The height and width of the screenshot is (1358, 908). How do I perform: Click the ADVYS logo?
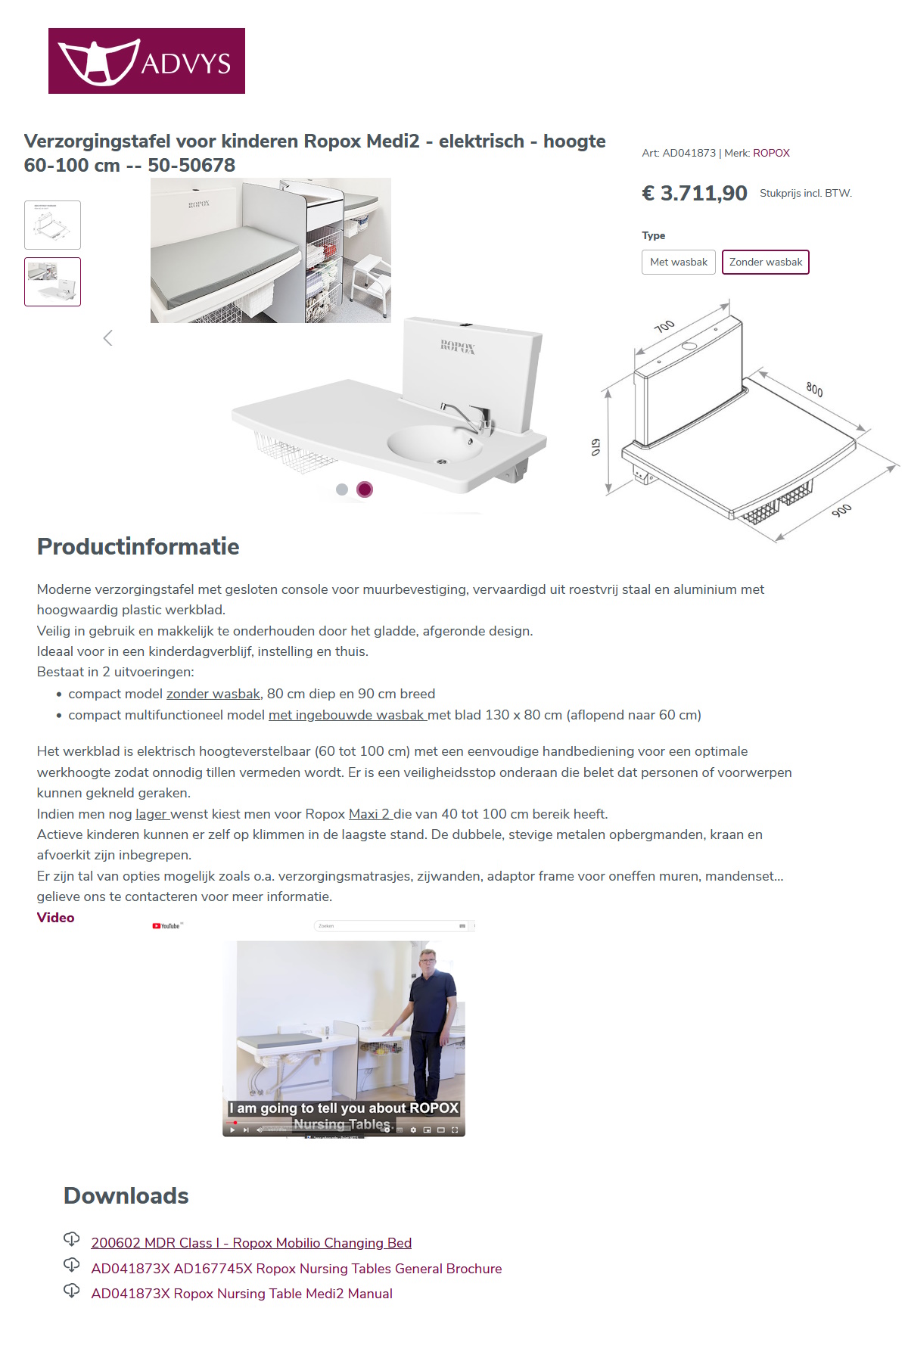pyautogui.click(x=146, y=61)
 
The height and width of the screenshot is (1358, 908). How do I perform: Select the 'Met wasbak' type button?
pyautogui.click(x=678, y=262)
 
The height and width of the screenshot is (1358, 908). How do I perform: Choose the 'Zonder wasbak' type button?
pyautogui.click(x=765, y=262)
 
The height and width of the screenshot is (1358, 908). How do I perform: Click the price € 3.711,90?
pyautogui.click(x=694, y=193)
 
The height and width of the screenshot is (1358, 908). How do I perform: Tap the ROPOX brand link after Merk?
pyautogui.click(x=771, y=153)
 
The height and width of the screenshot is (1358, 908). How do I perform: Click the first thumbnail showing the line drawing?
pyautogui.click(x=52, y=225)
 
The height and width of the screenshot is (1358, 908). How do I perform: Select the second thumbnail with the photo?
pyautogui.click(x=52, y=281)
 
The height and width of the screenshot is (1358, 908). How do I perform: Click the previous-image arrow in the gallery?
pyautogui.click(x=107, y=338)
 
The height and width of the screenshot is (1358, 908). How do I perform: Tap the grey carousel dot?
pyautogui.click(x=342, y=489)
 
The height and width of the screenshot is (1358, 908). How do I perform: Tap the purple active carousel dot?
pyautogui.click(x=365, y=489)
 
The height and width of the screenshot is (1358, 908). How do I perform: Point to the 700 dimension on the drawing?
pyautogui.click(x=664, y=326)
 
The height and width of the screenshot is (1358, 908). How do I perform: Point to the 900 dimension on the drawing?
pyautogui.click(x=841, y=511)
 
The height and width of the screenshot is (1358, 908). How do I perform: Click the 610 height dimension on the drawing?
pyautogui.click(x=596, y=447)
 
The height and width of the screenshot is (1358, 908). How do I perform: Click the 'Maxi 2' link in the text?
pyautogui.click(x=369, y=814)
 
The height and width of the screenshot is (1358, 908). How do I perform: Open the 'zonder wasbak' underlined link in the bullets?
pyautogui.click(x=213, y=694)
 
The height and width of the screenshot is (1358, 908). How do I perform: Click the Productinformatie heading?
pyautogui.click(x=138, y=546)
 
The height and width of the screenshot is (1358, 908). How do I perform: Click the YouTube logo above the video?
pyautogui.click(x=167, y=926)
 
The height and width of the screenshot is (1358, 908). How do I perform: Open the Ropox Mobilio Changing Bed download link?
pyautogui.click(x=251, y=1243)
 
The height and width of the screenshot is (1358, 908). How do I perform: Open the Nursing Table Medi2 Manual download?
pyautogui.click(x=241, y=1294)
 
